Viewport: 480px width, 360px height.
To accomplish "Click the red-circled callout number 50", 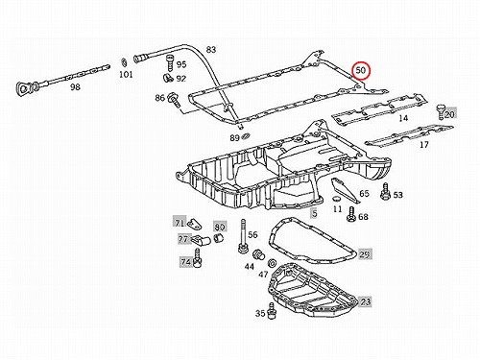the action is [361, 70].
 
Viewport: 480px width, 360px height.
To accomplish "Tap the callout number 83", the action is [211, 50].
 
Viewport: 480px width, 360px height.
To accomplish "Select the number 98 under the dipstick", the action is [75, 86].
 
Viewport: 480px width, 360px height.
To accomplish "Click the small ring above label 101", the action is [124, 62].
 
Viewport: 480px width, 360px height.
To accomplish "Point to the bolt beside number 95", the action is [169, 62].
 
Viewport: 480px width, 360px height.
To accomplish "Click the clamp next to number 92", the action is [167, 78].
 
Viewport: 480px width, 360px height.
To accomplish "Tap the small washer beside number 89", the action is [246, 137].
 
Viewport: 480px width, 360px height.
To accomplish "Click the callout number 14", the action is [403, 118].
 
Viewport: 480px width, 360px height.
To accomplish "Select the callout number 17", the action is [423, 145].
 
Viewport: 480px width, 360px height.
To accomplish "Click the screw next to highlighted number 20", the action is [441, 111].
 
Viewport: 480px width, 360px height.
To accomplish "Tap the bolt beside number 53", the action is [385, 191].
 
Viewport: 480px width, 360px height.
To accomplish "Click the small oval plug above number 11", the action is [337, 199].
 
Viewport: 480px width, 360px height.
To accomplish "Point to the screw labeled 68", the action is [351, 214].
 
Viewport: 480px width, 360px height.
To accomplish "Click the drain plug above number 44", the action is [258, 255].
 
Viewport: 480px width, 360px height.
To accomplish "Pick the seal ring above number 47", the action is [272, 263].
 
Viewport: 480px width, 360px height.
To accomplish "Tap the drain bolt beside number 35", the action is [272, 311].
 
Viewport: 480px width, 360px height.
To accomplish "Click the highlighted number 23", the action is [365, 301].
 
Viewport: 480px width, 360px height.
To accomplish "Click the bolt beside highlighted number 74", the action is [197, 258].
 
